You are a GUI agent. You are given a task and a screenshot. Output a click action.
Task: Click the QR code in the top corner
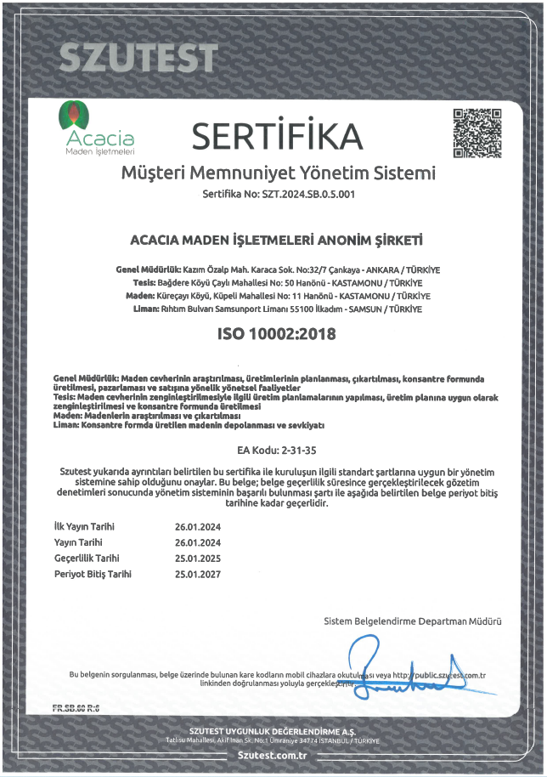pyautogui.click(x=477, y=133)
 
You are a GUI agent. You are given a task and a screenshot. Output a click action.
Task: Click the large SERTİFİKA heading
pyautogui.click(x=277, y=135)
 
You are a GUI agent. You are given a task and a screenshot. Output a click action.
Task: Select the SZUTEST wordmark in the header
pyautogui.click(x=138, y=57)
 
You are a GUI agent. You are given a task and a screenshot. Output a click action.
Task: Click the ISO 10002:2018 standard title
pyautogui.click(x=277, y=334)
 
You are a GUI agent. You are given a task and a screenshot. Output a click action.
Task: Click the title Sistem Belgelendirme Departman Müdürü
pyautogui.click(x=413, y=621)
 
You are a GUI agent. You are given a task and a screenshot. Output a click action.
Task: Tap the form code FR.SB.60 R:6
pyautogui.click(x=76, y=707)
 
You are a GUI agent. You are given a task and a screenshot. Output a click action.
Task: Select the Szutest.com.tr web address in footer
pyautogui.click(x=273, y=753)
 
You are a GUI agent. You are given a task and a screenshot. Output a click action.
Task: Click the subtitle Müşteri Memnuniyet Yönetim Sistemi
pyautogui.click(x=279, y=173)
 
